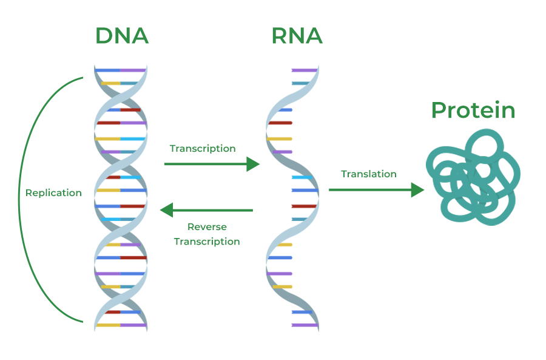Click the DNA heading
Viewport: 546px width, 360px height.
121,36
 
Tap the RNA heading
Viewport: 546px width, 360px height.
297,36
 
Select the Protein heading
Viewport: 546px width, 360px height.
473,110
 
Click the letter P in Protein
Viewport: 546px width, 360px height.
439,110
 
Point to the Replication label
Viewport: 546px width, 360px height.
53,193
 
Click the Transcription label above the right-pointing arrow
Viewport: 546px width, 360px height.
203,149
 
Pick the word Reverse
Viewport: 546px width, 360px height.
207,227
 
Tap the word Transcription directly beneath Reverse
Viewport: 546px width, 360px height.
207,242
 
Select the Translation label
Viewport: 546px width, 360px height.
369,174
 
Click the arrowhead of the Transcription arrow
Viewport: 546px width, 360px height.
254,164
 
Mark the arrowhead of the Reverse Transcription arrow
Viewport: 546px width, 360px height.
166,210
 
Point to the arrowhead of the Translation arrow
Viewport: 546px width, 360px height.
418,190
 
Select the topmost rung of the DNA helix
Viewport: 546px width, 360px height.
120,70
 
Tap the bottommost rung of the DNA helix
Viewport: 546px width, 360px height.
121,325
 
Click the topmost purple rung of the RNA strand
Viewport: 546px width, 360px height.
304,70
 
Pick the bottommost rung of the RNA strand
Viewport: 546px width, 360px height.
305,325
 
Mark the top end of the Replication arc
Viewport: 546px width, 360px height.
83,78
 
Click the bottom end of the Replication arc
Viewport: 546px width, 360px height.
83,321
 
